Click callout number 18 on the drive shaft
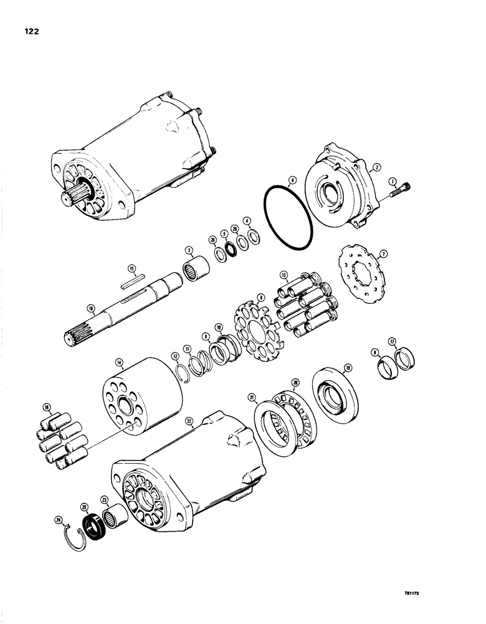[x=92, y=307]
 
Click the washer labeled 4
[x=254, y=238]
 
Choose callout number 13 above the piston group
[x=284, y=275]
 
